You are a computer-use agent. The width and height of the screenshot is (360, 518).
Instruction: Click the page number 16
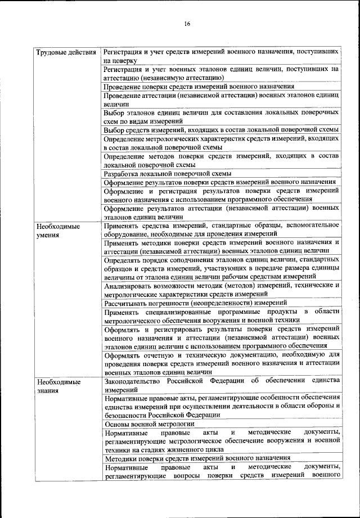(x=187, y=24)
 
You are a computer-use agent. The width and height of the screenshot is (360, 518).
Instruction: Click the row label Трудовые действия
(x=65, y=53)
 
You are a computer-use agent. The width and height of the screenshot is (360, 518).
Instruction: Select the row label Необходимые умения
(x=57, y=231)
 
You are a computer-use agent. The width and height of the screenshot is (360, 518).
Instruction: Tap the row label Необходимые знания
(x=57, y=386)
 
